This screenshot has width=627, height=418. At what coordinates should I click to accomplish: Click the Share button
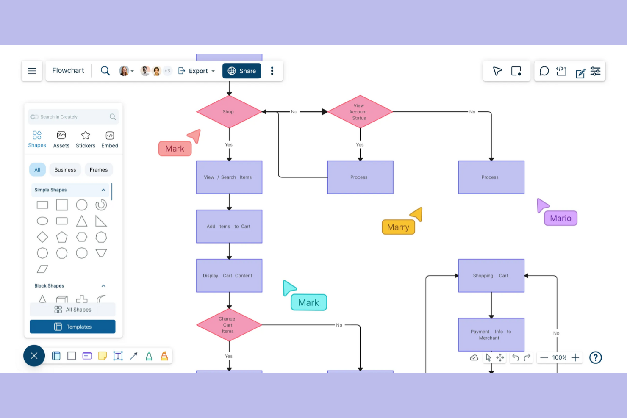click(x=242, y=71)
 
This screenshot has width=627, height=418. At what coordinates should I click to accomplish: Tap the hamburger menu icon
click(x=32, y=71)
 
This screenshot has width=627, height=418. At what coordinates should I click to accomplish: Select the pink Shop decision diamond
click(x=229, y=112)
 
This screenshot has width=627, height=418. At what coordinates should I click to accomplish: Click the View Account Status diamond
click(x=360, y=112)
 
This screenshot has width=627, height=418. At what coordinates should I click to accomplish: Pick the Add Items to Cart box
click(x=229, y=227)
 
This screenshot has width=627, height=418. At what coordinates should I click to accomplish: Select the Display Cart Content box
click(x=229, y=276)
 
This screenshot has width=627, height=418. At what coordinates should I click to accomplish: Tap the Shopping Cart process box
click(x=491, y=276)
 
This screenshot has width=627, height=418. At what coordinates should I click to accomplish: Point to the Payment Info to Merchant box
click(x=491, y=335)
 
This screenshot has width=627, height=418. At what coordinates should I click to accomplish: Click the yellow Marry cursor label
click(x=398, y=227)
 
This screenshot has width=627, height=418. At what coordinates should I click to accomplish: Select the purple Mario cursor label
click(x=560, y=219)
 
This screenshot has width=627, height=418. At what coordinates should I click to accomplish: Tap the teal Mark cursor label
click(x=309, y=303)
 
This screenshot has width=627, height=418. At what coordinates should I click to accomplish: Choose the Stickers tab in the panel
click(x=86, y=139)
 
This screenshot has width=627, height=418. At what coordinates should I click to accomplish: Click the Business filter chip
click(x=65, y=170)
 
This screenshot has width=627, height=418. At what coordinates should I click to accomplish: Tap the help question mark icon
click(x=595, y=358)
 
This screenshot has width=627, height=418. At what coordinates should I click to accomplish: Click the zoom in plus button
click(x=575, y=358)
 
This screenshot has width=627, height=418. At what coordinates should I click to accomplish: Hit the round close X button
click(x=34, y=356)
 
